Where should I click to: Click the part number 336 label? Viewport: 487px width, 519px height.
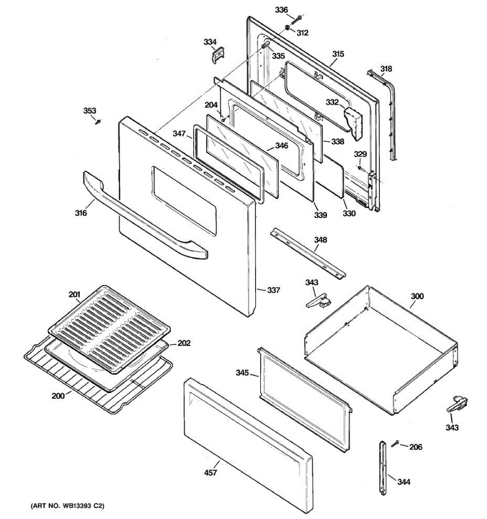click(x=281, y=10)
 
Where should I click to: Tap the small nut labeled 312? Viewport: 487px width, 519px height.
click(x=287, y=27)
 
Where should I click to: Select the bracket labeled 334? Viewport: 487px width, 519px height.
click(x=218, y=54)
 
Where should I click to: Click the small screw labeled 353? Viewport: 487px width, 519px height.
click(x=98, y=122)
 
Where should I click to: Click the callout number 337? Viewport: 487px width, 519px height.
click(x=274, y=290)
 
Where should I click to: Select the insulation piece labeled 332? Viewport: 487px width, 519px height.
click(x=354, y=122)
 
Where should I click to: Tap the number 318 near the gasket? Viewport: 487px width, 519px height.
click(x=386, y=69)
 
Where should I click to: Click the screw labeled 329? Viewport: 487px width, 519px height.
click(x=360, y=168)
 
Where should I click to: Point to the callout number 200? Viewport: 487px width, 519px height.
click(x=58, y=396)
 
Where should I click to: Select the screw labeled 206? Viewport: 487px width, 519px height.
click(x=395, y=444)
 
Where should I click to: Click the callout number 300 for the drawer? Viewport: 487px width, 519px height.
click(x=417, y=296)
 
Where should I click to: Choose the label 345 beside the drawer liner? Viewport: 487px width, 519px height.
click(x=242, y=373)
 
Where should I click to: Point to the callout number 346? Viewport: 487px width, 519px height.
click(x=281, y=146)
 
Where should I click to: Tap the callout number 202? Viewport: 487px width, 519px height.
click(x=184, y=343)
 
